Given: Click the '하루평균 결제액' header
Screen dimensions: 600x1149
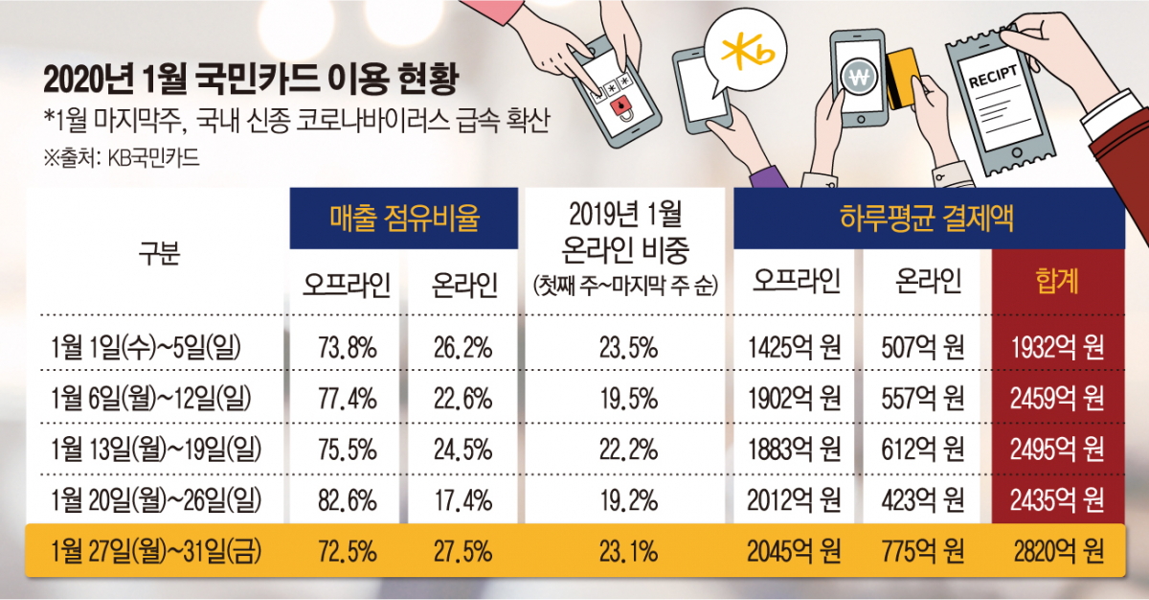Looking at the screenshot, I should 929,219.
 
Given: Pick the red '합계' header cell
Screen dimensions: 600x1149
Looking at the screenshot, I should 1056,281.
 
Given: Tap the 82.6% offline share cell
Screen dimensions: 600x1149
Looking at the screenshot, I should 343,499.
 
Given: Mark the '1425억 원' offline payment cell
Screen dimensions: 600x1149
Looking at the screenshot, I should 797,346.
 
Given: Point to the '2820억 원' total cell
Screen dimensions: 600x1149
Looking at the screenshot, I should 1056,551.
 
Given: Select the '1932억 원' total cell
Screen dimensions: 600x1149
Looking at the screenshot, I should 1056,346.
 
